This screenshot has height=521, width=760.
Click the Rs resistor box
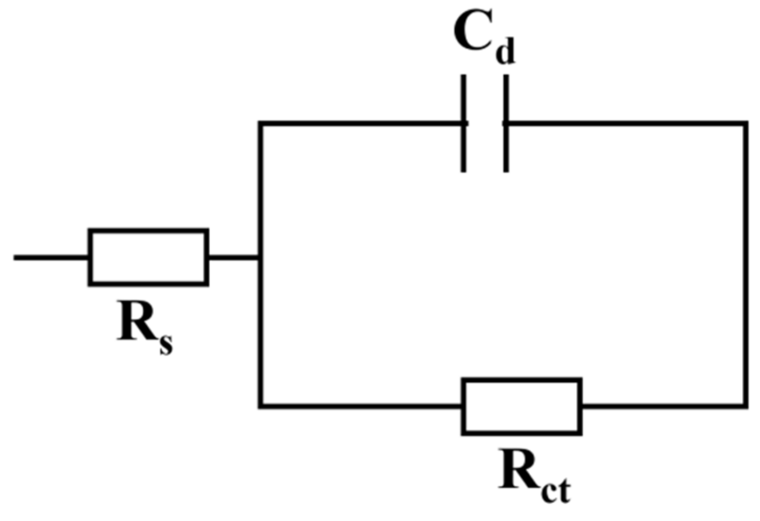point(148,257)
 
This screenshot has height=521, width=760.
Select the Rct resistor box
point(522,406)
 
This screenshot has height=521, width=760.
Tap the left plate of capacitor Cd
point(463,123)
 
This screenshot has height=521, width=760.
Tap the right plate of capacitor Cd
point(506,123)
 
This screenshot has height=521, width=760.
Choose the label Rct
point(534,475)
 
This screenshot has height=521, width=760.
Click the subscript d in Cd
point(505,52)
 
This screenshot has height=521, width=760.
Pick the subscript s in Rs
point(166,344)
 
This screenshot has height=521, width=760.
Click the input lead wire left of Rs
point(51,257)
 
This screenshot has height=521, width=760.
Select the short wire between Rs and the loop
point(234,257)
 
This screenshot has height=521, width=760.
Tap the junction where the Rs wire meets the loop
point(260,257)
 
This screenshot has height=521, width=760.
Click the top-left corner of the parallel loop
point(260,123)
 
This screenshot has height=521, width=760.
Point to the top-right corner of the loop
point(745,123)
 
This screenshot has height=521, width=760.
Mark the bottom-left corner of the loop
point(260,405)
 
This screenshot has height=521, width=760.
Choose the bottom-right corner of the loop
point(745,405)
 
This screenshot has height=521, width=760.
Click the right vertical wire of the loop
point(745,264)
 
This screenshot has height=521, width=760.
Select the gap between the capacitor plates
point(485,123)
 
